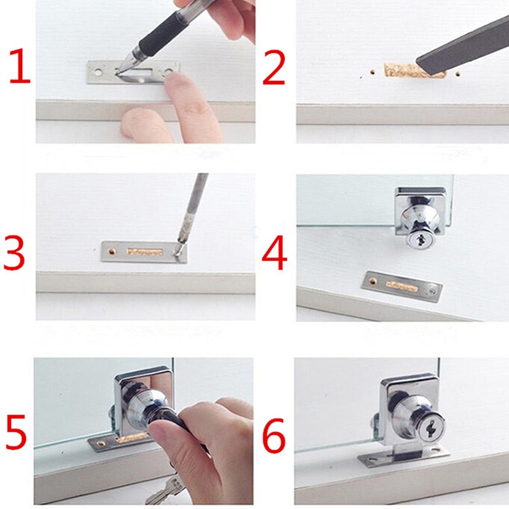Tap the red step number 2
pyautogui.click(x=274, y=69)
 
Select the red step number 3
pyautogui.click(x=14, y=253)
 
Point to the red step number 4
pyautogui.click(x=275, y=253)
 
